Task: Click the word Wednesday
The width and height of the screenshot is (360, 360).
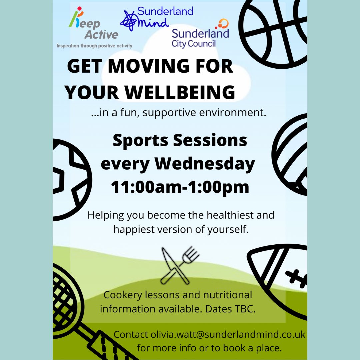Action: (205, 164)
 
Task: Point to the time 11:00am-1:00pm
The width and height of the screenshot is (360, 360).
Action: (180, 187)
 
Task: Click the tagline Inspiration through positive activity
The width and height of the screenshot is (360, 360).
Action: (94, 46)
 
